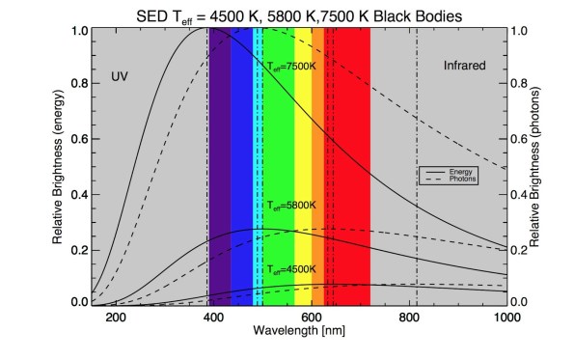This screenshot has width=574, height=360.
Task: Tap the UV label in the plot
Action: tap(120, 76)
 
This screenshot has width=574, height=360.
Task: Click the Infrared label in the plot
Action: tap(465, 66)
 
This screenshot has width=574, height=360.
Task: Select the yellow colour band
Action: tap(302, 145)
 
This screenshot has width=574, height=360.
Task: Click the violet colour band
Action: tap(220, 145)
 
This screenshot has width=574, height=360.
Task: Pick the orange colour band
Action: tap(317, 145)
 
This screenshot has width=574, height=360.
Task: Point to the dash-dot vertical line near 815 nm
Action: tap(417, 145)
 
